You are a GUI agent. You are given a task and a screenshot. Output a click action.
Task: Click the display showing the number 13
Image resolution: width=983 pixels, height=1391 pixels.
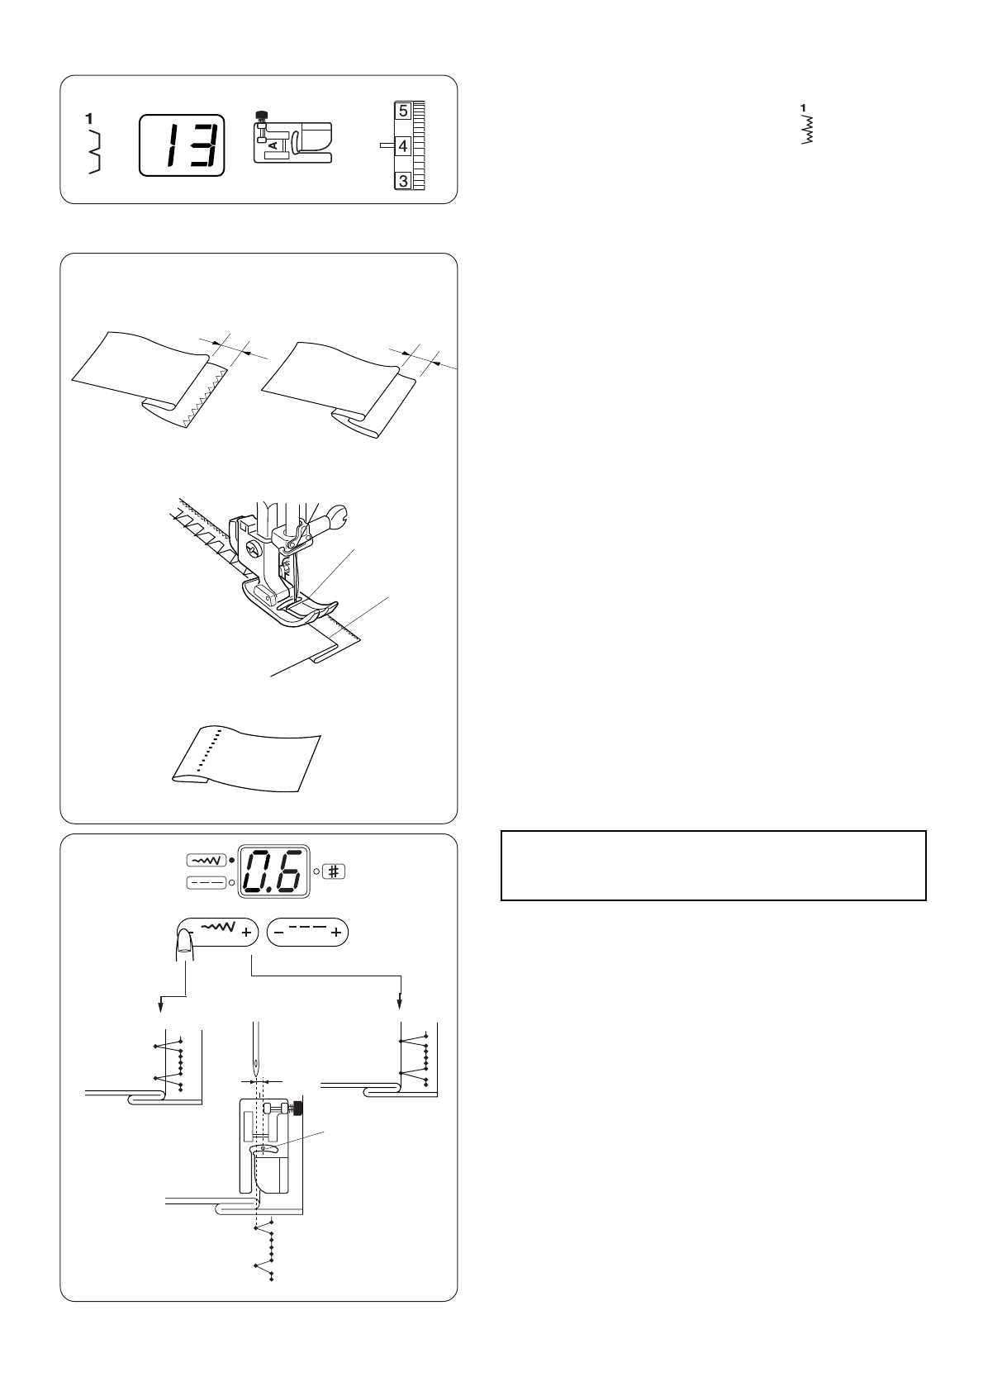(x=182, y=145)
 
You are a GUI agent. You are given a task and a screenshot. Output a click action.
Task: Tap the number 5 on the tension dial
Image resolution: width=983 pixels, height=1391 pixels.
(x=402, y=111)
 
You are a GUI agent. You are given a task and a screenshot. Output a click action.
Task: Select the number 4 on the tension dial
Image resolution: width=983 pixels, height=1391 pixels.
(x=402, y=146)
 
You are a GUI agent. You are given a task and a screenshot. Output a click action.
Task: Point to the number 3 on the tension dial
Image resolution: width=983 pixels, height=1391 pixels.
(x=402, y=180)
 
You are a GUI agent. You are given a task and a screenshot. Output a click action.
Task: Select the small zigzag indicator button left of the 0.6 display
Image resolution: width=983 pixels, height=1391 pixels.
(x=203, y=861)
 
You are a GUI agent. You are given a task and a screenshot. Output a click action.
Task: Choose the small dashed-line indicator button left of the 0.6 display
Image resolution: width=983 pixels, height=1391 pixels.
(x=203, y=882)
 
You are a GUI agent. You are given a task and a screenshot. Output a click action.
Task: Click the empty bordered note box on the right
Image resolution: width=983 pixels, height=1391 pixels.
(x=713, y=865)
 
